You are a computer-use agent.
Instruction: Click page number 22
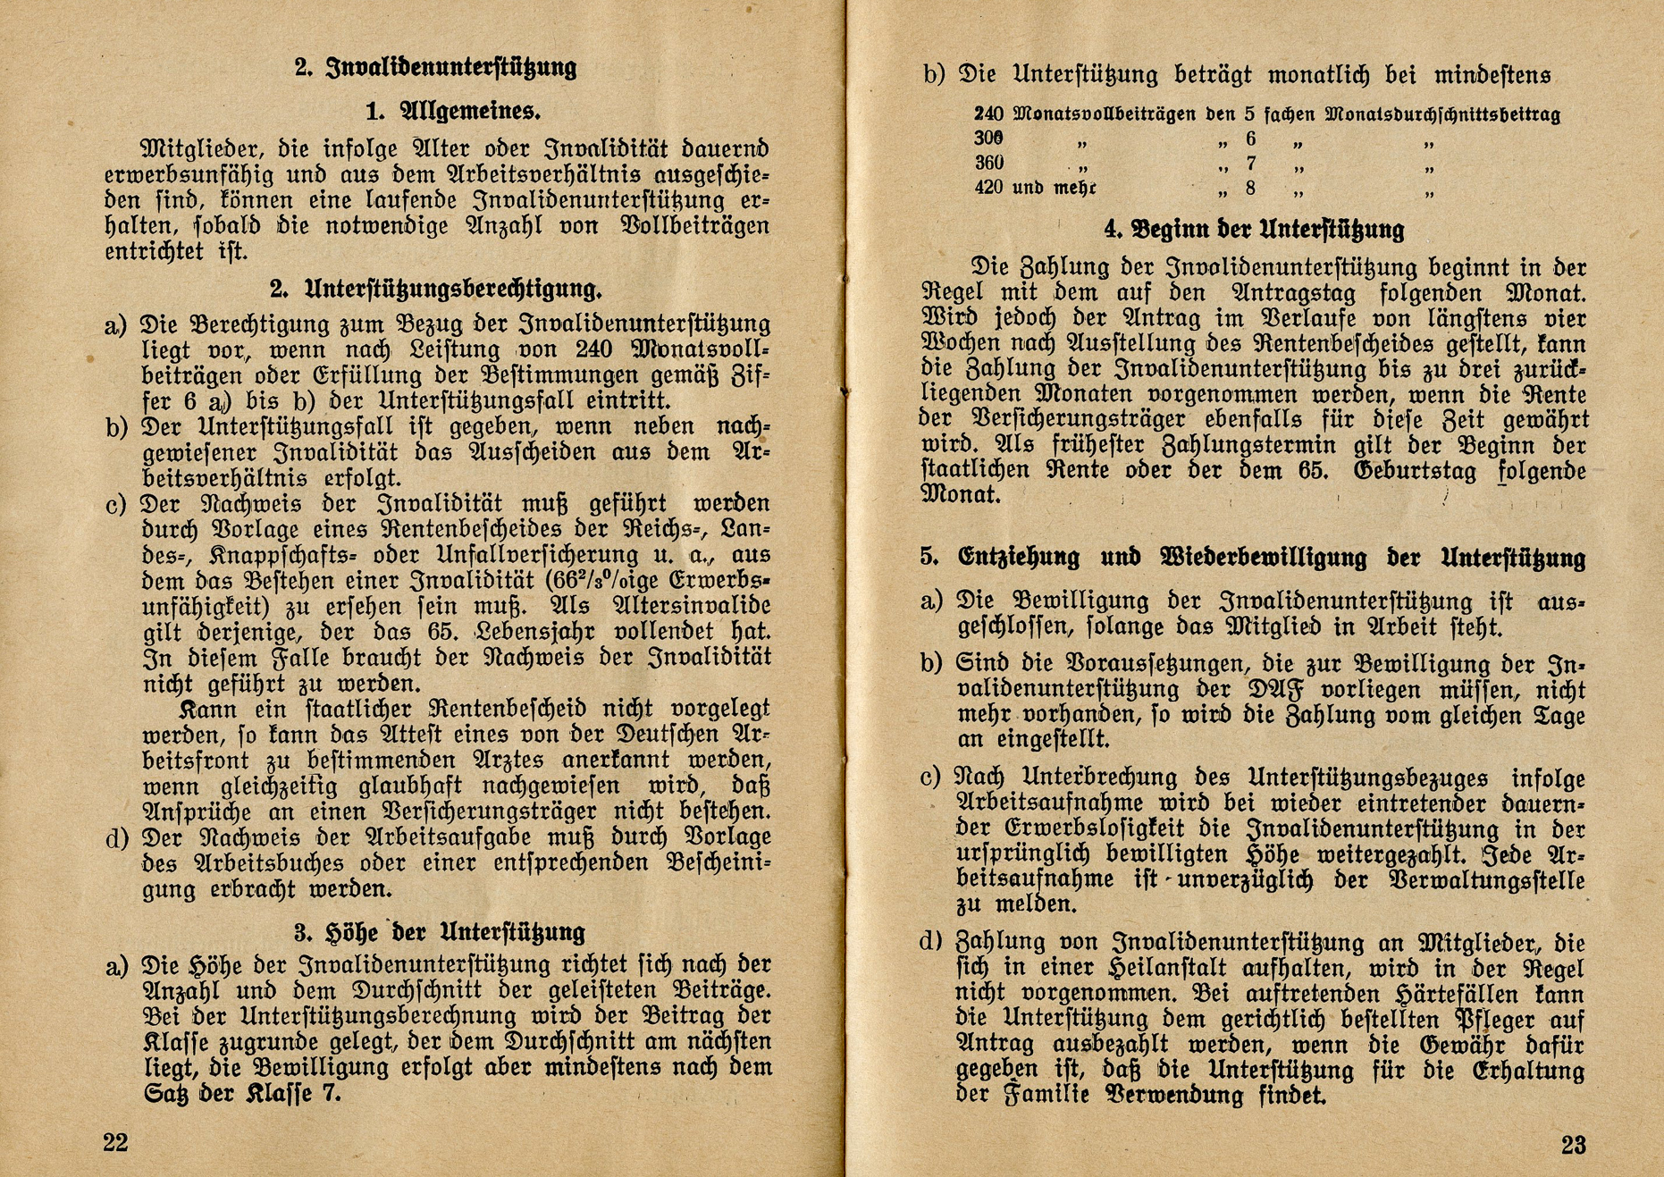point(115,1143)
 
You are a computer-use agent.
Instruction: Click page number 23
point(1574,1145)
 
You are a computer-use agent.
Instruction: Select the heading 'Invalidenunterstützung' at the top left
point(451,68)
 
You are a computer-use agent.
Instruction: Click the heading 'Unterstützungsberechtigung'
point(453,289)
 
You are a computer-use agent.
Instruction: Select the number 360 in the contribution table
point(988,164)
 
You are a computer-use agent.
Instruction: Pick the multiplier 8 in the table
point(1250,188)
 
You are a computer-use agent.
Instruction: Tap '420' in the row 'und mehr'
point(988,188)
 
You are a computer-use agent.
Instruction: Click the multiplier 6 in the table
point(1250,139)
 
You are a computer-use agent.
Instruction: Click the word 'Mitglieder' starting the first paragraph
point(201,147)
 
